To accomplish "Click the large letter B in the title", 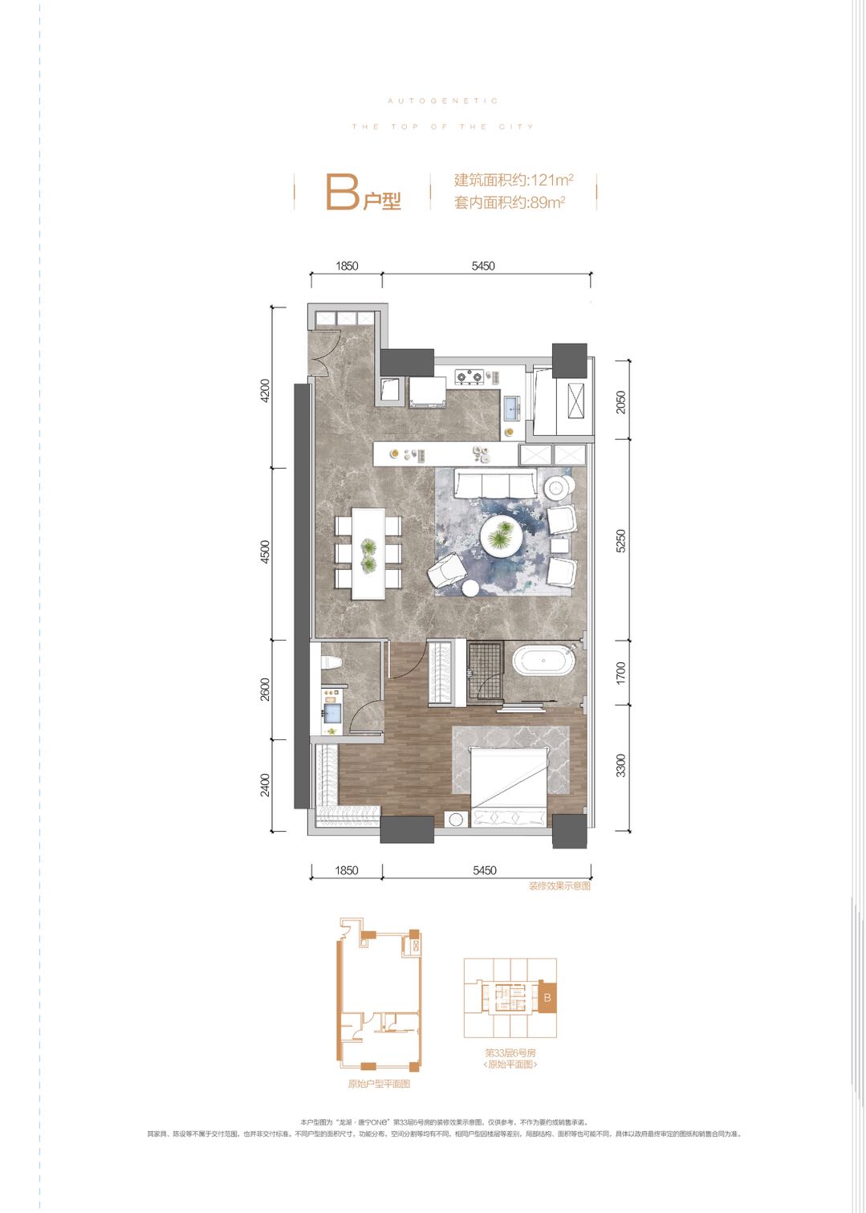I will pyautogui.click(x=341, y=193).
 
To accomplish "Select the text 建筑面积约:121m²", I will pyautogui.click(x=513, y=180).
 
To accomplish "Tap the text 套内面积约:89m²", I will pyautogui.click(x=509, y=202).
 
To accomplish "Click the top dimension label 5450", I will pyautogui.click(x=483, y=266).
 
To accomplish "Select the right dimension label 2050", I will pyautogui.click(x=620, y=402).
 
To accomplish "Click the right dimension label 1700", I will pyautogui.click(x=620, y=673).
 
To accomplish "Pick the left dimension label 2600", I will pyautogui.click(x=266, y=690).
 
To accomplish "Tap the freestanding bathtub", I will pyautogui.click(x=544, y=661).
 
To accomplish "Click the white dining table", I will pyautogui.click(x=368, y=553).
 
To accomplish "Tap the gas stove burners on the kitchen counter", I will pyautogui.click(x=470, y=376).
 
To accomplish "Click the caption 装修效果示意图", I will pyautogui.click(x=559, y=886).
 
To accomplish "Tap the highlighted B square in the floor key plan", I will pyautogui.click(x=547, y=998).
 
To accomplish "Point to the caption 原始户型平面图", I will pyautogui.click(x=379, y=1084).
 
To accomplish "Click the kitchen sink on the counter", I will pyautogui.click(x=512, y=409).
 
